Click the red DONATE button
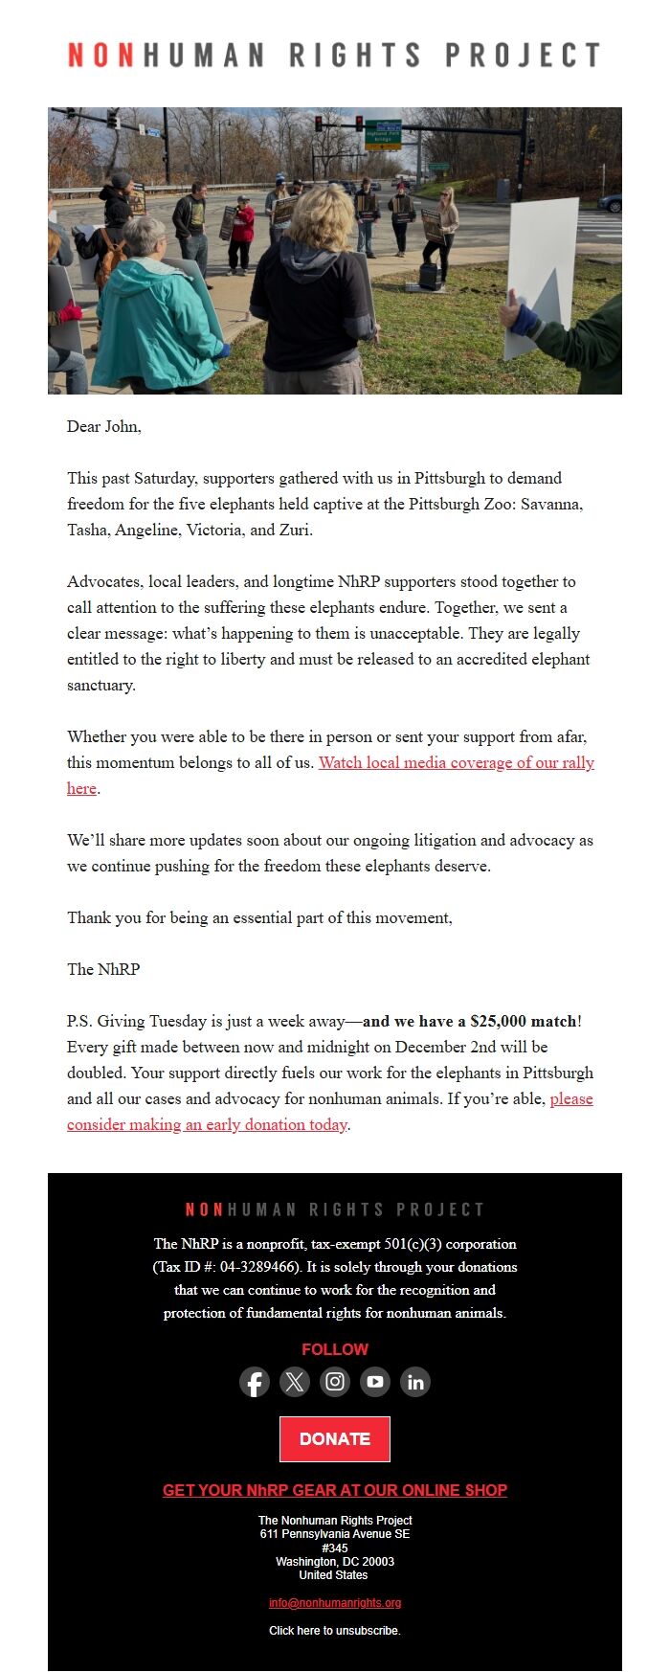(x=334, y=1438)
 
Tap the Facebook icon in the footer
(x=254, y=1382)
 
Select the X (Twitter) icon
(x=295, y=1382)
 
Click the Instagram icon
(x=335, y=1382)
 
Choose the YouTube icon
(x=375, y=1382)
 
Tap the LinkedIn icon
(x=415, y=1382)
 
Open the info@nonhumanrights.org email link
(x=334, y=1603)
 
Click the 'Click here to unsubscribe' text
(x=334, y=1630)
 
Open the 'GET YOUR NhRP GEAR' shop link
(x=334, y=1490)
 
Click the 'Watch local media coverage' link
(x=456, y=762)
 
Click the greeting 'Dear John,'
(x=104, y=426)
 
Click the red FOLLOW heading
(x=334, y=1349)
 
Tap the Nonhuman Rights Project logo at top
(x=334, y=55)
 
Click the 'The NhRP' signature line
(x=103, y=969)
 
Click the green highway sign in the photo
(x=384, y=134)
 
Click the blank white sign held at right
(x=543, y=273)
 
